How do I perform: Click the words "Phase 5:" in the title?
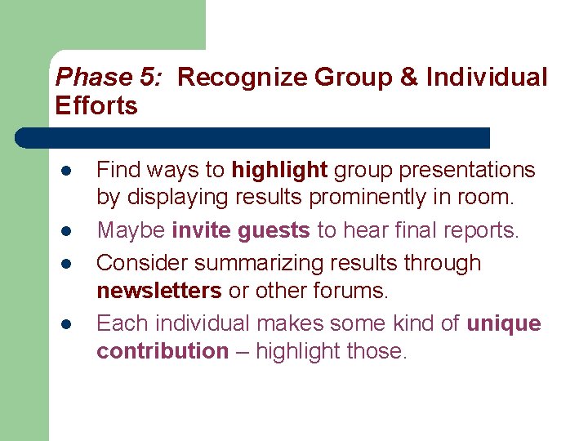(x=106, y=78)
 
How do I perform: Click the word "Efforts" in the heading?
(x=96, y=105)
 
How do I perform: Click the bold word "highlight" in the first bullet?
(x=279, y=170)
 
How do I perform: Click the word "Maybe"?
(x=131, y=231)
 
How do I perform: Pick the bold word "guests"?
(x=274, y=231)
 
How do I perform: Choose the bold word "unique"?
(x=503, y=324)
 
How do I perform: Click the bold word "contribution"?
(x=163, y=351)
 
